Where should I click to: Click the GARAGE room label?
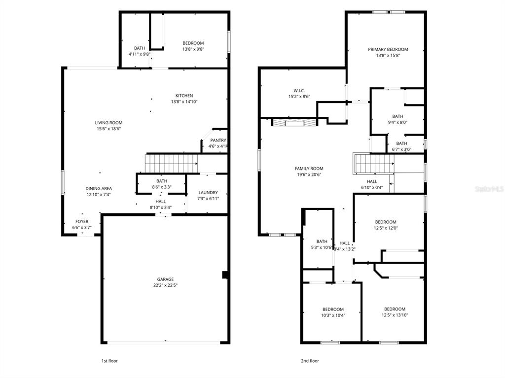[x=165, y=279]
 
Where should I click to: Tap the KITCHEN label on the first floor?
[x=184, y=96]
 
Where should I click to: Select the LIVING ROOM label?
[x=108, y=123]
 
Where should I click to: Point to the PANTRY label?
[x=217, y=140]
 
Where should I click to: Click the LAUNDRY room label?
[x=208, y=193]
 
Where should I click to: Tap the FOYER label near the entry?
[x=82, y=222]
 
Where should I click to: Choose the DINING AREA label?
[x=99, y=188]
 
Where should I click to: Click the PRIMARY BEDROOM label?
[x=388, y=49]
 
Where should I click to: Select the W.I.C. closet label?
[x=299, y=91]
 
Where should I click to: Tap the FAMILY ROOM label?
[x=309, y=169]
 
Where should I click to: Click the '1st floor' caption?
[x=109, y=361]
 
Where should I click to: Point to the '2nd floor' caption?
[x=310, y=361]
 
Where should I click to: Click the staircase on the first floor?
[x=171, y=161]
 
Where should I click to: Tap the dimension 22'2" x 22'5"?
[x=165, y=285]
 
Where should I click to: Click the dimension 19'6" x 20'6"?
[x=309, y=174]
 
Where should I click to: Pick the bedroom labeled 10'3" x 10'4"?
[x=333, y=312]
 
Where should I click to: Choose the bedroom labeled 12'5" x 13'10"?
[x=395, y=312]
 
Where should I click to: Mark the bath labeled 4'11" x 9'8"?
[x=140, y=51]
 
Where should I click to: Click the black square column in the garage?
[x=225, y=275]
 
